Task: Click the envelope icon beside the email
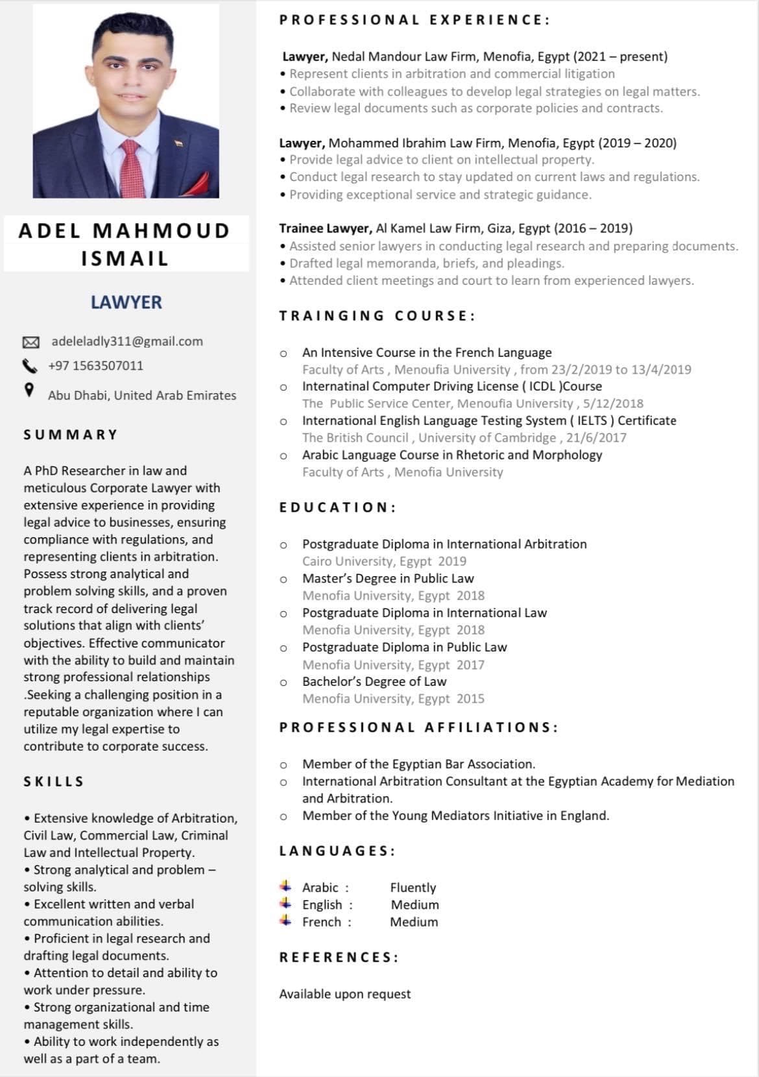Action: click(x=31, y=342)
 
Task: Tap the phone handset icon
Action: click(x=30, y=366)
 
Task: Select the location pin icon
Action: click(x=29, y=390)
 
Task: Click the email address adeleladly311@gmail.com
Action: click(x=127, y=341)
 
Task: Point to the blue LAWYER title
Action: click(x=126, y=302)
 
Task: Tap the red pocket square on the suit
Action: click(x=195, y=184)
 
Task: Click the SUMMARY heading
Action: click(x=71, y=435)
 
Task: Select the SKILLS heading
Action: click(x=54, y=782)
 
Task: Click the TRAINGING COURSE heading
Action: click(x=378, y=316)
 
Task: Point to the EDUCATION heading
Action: click(x=337, y=507)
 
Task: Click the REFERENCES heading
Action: click(x=339, y=958)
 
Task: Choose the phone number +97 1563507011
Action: click(x=96, y=366)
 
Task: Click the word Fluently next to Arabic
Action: click(x=413, y=888)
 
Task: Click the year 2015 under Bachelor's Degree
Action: click(x=470, y=699)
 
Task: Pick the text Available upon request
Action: click(x=345, y=994)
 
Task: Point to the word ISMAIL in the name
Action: click(x=125, y=259)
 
